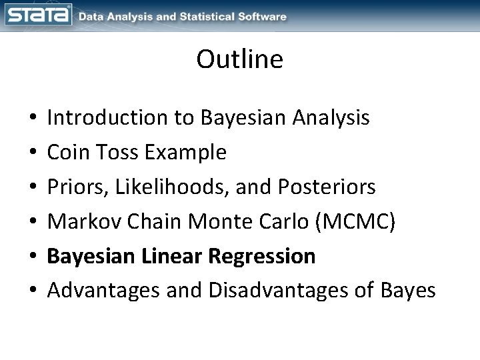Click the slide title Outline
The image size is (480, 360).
pos(239,60)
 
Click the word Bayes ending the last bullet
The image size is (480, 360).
pos(410,291)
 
